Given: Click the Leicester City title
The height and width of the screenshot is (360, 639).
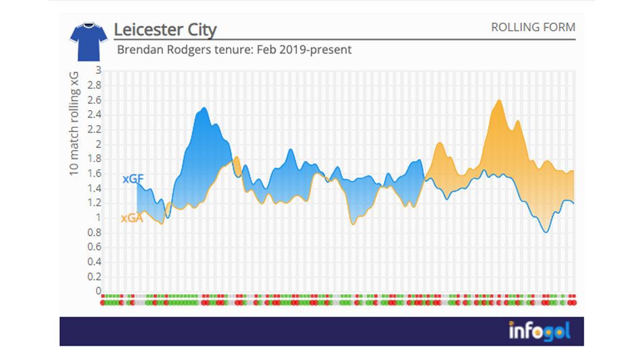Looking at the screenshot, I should point(165,30).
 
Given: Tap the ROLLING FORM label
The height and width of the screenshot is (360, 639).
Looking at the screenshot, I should point(533,28).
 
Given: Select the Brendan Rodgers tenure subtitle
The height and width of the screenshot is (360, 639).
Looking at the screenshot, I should point(234,50).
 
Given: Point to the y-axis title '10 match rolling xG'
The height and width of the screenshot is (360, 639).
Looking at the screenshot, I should point(76,126).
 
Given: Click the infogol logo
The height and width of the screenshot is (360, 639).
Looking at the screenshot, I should point(540,331).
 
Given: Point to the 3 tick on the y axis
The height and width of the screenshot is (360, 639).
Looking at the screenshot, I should point(98,70).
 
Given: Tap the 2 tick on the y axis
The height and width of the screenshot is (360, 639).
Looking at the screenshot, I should point(98,144).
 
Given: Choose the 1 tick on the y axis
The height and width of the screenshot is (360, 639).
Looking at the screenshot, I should point(98,218).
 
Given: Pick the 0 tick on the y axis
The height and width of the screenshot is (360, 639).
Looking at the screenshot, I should point(98,292).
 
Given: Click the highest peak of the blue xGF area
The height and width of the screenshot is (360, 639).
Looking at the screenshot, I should point(204,108).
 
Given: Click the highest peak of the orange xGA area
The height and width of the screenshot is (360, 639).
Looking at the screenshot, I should point(499,100).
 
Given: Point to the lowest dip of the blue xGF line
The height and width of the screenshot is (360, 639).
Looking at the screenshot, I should point(546,232).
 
